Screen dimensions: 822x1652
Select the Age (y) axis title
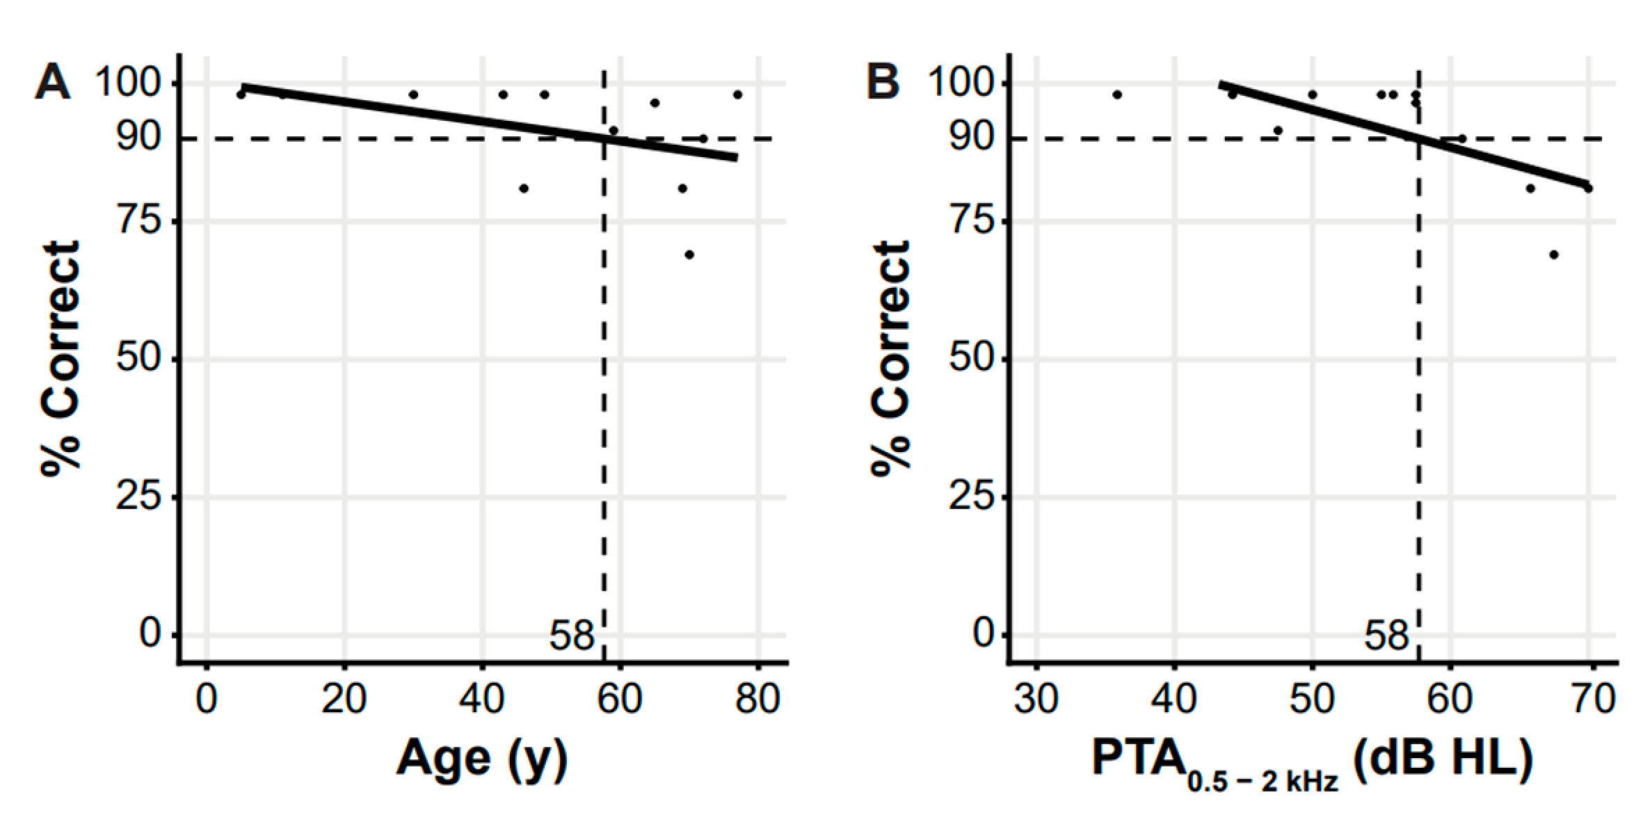481,759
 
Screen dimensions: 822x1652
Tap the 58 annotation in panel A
572,636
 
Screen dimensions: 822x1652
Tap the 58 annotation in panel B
1386,636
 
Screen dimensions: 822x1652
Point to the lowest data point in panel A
689,255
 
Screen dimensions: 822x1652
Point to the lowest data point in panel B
1554,255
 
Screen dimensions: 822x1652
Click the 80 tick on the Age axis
757,699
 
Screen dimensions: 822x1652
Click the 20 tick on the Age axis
344,699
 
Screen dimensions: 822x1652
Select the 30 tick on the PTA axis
1036,699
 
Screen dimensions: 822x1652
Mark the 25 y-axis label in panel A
138,497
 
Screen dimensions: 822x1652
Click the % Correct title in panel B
891,358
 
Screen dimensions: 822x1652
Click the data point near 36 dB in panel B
1117,95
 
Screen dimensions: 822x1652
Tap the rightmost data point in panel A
737,95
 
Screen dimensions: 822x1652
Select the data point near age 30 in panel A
413,95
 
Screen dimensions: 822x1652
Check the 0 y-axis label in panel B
984,634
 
